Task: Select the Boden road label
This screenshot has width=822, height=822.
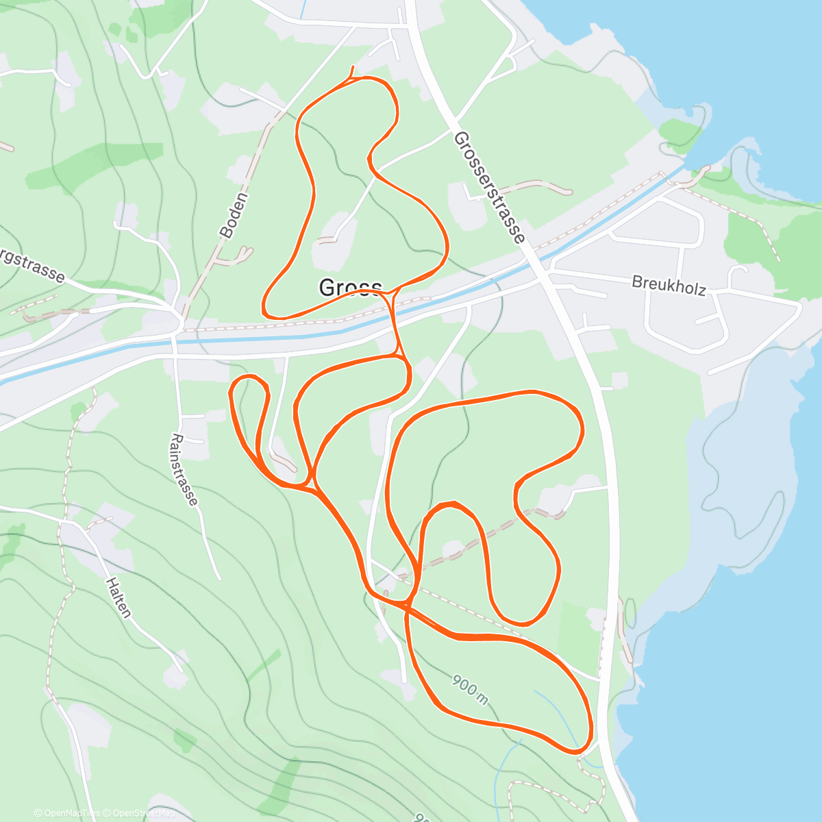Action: pyautogui.click(x=234, y=215)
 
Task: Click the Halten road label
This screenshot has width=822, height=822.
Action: pyautogui.click(x=119, y=597)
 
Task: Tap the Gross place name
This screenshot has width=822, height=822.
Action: pyautogui.click(x=350, y=288)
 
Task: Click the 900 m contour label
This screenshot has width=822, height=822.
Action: pyautogui.click(x=470, y=689)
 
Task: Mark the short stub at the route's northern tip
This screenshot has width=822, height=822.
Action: pyautogui.click(x=352, y=71)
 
